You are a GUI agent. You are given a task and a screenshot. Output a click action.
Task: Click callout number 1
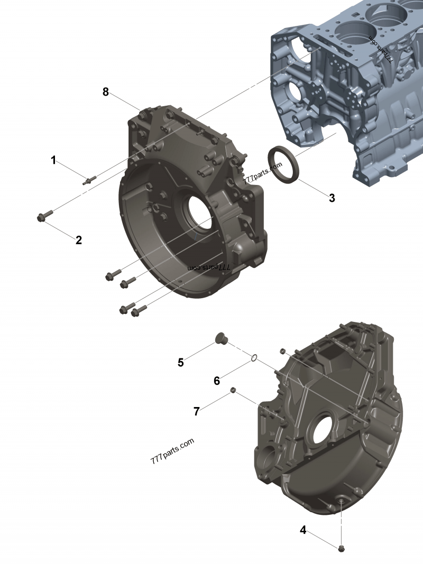(53, 160)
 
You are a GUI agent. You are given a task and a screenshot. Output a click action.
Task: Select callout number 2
(79, 240)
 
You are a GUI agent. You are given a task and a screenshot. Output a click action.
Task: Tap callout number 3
(332, 198)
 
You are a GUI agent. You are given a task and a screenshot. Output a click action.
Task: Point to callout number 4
(303, 530)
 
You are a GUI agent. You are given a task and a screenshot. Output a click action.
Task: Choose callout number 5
(181, 363)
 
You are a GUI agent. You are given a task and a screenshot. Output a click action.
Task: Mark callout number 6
(217, 381)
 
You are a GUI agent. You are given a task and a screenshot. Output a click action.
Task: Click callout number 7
(197, 411)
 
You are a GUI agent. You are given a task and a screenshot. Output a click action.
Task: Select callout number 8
(106, 92)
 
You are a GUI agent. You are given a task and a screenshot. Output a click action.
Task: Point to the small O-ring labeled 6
(254, 358)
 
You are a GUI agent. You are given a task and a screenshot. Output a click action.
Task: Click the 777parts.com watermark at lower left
(172, 451)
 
